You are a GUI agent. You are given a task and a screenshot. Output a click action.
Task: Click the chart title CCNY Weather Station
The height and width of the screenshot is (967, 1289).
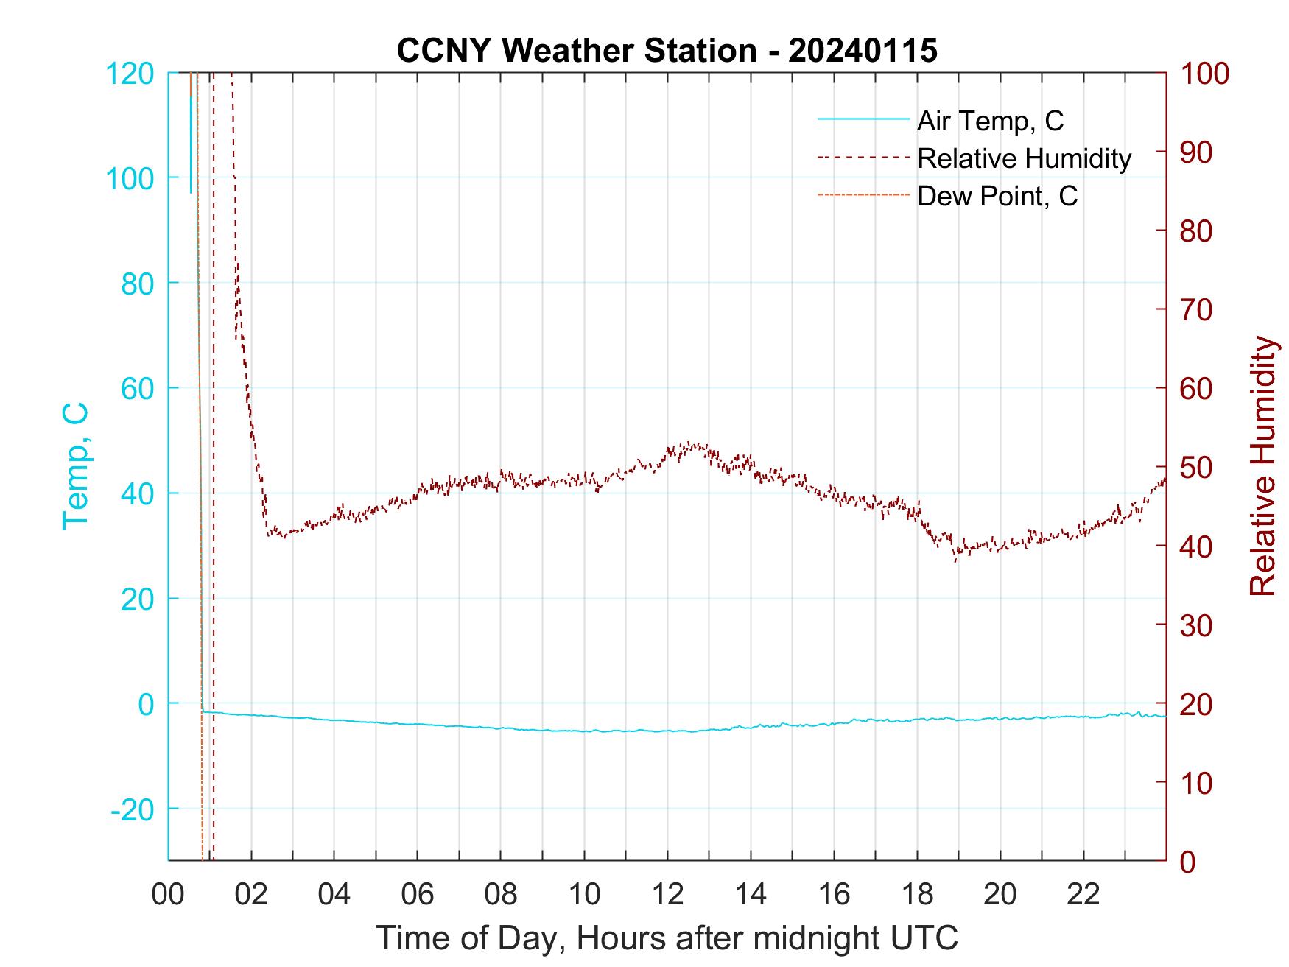tap(667, 51)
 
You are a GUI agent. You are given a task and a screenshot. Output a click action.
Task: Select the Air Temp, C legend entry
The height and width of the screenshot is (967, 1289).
tap(989, 120)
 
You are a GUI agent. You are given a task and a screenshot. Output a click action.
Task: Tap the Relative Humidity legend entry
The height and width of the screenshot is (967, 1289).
tap(1024, 158)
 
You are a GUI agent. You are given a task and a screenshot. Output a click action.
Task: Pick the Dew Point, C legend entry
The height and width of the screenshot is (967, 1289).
tap(997, 197)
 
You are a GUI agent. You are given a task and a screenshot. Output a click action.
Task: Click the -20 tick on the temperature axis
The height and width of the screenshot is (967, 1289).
tap(133, 809)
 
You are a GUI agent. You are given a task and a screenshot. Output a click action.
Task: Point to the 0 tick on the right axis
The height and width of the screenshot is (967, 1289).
tap(1188, 861)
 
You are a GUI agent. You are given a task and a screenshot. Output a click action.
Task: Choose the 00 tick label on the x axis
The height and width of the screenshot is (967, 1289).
tap(168, 894)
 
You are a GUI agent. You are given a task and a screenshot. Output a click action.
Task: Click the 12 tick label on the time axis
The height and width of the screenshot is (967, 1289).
tap(667, 894)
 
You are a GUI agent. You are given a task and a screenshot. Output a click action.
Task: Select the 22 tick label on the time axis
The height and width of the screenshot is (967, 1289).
tap(1083, 894)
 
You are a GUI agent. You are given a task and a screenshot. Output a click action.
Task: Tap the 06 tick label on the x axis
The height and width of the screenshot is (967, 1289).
tap(418, 894)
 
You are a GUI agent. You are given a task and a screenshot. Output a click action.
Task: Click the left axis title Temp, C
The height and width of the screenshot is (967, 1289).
tap(76, 466)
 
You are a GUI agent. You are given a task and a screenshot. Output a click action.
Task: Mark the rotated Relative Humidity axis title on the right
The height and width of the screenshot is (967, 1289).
tap(1262, 466)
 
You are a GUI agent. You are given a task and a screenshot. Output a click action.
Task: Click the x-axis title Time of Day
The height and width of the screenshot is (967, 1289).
tap(667, 938)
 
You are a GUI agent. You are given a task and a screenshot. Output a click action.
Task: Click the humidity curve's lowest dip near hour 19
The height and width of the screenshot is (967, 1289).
tap(955, 561)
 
